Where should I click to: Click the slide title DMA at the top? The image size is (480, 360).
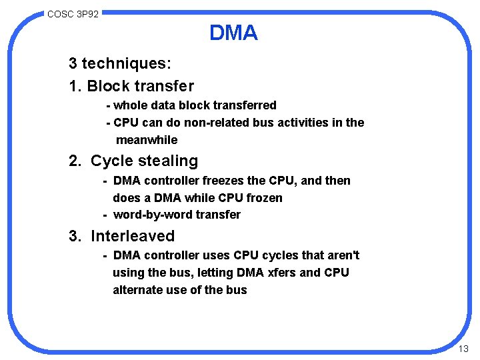pyautogui.click(x=233, y=33)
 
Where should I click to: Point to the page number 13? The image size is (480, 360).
pyautogui.click(x=464, y=349)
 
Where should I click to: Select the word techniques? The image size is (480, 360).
pyautogui.click(x=126, y=64)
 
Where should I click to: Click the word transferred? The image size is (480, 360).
pyautogui.click(x=244, y=105)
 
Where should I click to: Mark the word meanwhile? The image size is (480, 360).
pyautogui.click(x=147, y=140)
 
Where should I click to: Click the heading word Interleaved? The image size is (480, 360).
pyautogui.click(x=133, y=236)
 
